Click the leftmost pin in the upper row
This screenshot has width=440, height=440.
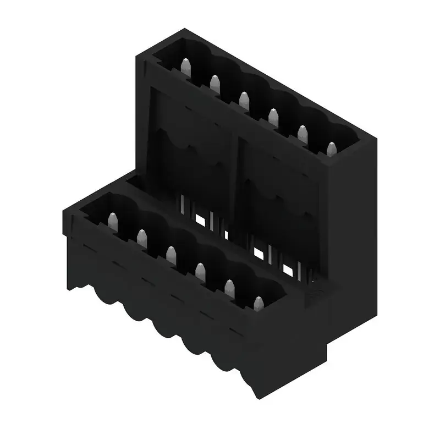click(186, 68)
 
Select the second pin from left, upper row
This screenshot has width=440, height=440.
click(215, 84)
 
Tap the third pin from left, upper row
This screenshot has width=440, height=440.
click(244, 101)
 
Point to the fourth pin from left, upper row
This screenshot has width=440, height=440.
click(273, 117)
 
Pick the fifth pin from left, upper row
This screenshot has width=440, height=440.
click(302, 134)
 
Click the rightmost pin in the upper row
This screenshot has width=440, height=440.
click(331, 149)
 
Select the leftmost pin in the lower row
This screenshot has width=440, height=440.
click(113, 222)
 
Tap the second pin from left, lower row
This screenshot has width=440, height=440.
click(142, 238)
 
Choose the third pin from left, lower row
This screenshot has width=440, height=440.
click(171, 254)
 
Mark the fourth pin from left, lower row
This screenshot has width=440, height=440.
click(200, 271)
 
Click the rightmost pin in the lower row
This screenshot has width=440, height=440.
click(258, 303)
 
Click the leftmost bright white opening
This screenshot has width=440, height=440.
click(200, 219)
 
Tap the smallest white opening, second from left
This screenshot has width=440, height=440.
click(226, 234)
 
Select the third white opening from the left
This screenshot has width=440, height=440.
click(258, 254)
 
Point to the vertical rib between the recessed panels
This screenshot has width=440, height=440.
click(235, 176)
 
